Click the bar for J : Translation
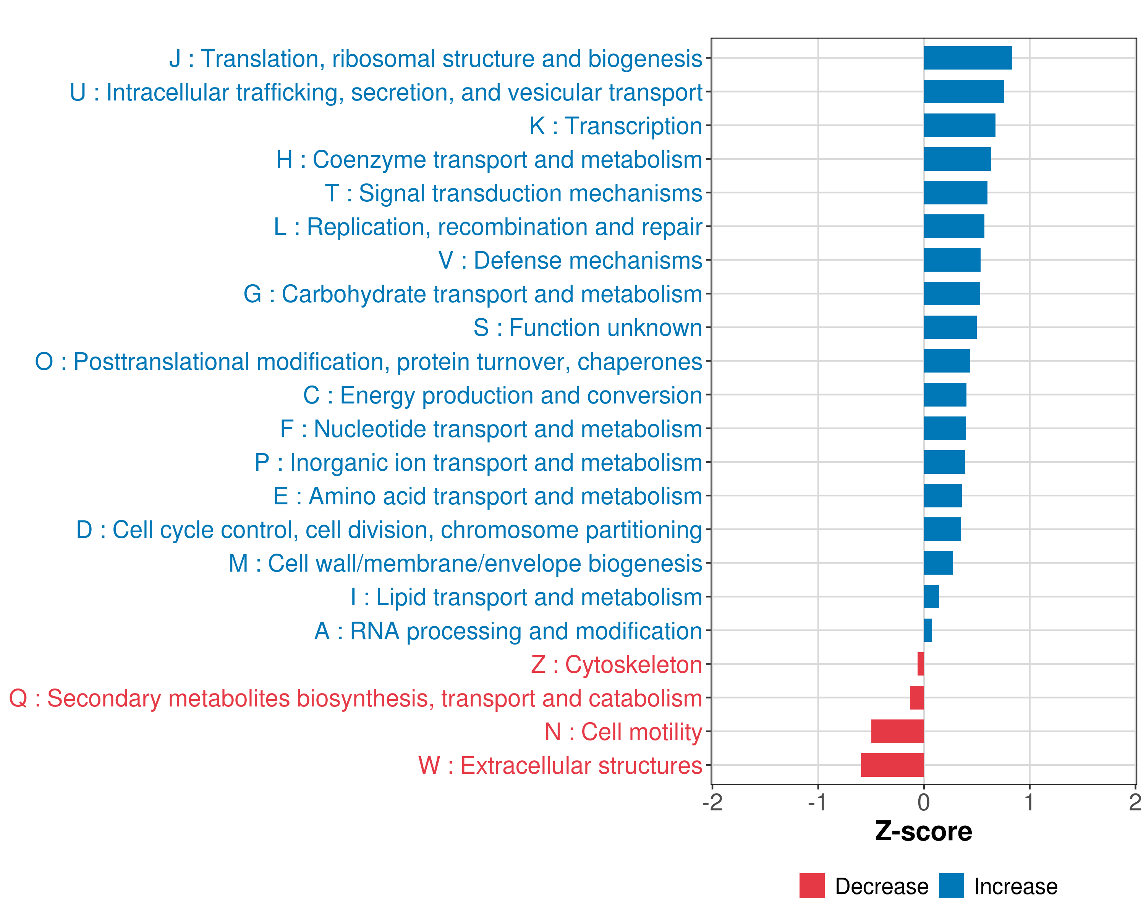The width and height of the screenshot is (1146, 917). point(967,58)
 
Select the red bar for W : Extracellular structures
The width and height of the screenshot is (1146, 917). point(892,765)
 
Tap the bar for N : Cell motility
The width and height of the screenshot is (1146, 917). point(897,731)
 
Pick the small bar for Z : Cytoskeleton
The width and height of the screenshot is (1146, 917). point(921,664)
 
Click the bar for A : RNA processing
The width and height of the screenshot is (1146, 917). point(927,630)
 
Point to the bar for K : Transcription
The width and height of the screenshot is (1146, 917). point(960,125)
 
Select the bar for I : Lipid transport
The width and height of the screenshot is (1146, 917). point(931,596)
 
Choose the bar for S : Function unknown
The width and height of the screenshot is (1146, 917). point(950,327)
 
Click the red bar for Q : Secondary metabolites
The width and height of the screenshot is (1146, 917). point(917,697)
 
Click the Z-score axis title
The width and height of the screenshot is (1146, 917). point(923,831)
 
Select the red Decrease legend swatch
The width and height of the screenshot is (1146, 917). point(812,886)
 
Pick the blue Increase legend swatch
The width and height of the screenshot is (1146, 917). point(951,886)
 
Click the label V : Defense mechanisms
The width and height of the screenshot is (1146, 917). point(570,261)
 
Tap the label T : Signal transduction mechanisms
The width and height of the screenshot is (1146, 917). point(513,193)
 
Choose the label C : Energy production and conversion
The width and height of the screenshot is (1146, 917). point(502,395)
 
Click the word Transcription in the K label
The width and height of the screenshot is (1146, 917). point(633,126)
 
